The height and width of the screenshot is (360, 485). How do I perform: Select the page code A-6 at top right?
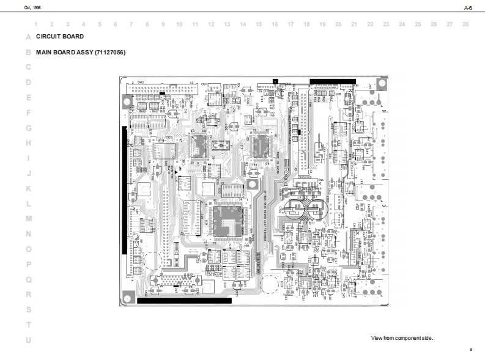click(468, 7)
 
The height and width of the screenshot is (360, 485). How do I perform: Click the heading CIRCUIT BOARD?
click(60, 37)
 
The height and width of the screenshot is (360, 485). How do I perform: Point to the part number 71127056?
click(109, 53)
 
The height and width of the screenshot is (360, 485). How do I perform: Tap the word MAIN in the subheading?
click(44, 53)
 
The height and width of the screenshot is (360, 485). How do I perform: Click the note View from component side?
click(402, 338)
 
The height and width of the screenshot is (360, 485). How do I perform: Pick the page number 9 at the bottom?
click(470, 349)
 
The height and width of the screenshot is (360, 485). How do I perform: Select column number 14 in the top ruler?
click(243, 24)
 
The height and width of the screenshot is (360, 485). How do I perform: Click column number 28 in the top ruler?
click(465, 24)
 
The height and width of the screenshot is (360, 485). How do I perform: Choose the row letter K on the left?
click(28, 188)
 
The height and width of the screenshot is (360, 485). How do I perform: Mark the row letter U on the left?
click(28, 340)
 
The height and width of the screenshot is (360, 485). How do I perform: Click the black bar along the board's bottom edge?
click(184, 301)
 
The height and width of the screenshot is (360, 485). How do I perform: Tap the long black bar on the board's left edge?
click(125, 189)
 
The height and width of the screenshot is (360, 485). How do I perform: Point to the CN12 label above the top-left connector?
click(141, 82)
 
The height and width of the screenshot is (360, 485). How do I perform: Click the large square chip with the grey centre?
click(228, 221)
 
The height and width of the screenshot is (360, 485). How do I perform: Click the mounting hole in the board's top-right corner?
click(380, 84)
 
